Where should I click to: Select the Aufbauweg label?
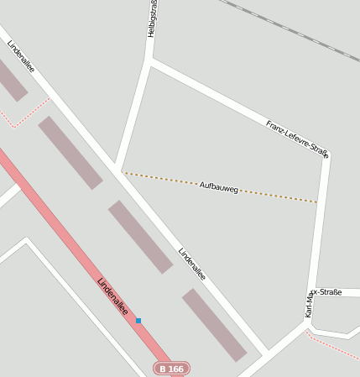tap(219, 187)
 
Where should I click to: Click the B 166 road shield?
tap(171, 369)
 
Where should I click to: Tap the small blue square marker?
tap(138, 321)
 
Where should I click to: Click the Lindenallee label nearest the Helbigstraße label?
tap(21, 55)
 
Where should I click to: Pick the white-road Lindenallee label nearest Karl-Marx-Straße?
tap(192, 263)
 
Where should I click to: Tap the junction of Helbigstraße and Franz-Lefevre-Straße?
tap(151, 61)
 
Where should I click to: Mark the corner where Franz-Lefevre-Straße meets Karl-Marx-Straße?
tap(326, 156)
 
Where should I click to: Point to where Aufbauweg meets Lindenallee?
tap(122, 172)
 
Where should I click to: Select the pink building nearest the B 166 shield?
tap(214, 325)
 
